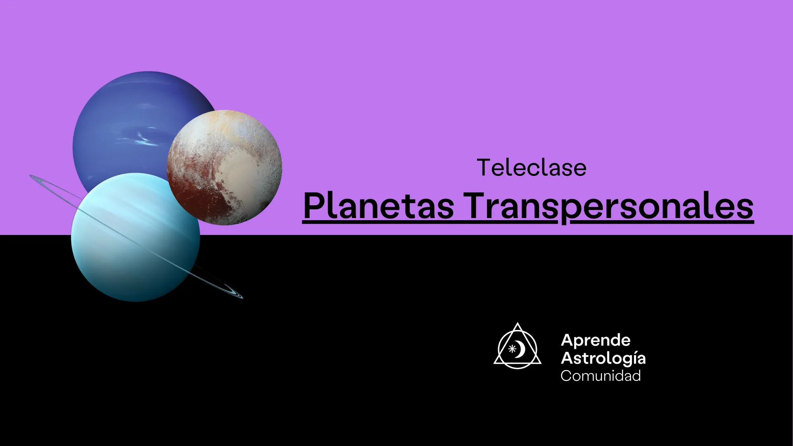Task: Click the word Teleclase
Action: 532,168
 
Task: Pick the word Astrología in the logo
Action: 603,358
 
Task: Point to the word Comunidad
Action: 601,376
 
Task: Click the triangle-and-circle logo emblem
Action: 518,346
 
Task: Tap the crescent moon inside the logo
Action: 521,349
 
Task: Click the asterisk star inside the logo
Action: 512,349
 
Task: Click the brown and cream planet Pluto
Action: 224,167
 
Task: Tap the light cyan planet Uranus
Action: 135,237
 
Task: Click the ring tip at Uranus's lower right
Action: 242,297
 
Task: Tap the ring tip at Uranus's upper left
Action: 31,176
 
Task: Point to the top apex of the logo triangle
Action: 518,323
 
